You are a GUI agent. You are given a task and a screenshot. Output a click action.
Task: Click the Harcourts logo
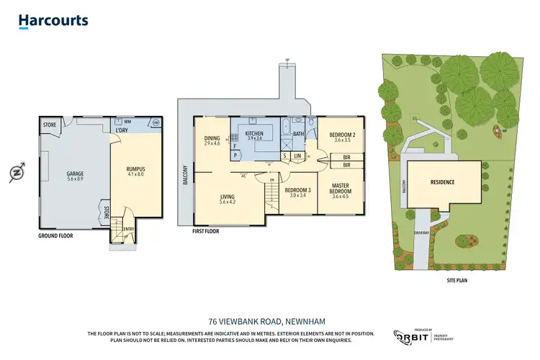[53, 21]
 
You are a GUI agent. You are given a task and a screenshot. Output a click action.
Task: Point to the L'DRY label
[122, 130]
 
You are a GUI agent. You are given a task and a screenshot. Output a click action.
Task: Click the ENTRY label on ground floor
[129, 230]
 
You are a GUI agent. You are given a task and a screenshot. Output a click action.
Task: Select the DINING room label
[212, 138]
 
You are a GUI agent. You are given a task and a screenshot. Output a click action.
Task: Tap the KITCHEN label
[255, 134]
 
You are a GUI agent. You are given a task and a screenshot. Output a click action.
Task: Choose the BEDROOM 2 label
[342, 135]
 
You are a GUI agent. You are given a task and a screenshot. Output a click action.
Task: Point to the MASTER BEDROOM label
[340, 189]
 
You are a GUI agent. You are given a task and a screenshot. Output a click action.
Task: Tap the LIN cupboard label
[297, 156]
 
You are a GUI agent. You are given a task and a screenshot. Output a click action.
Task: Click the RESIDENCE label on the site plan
[442, 182]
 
